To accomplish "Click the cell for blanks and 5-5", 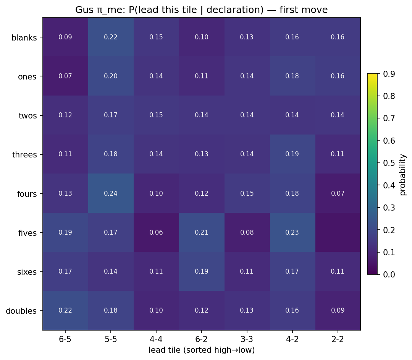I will [111, 37].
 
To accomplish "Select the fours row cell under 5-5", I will [111, 193].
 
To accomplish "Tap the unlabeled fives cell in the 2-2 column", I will [338, 232].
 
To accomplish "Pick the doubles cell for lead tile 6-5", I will [65, 310].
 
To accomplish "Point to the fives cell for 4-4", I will [156, 232].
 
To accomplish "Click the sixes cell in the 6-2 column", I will [202, 271].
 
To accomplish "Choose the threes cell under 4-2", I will [292, 154].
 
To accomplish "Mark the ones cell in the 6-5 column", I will [65, 76].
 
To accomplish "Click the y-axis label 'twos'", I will [28, 116].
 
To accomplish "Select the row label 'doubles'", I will [21, 311].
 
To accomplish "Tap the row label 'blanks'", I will [24, 37].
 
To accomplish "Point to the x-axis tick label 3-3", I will [247, 339].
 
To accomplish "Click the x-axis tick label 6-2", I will [202, 339].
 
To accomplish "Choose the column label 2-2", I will [338, 339].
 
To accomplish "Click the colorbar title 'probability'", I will [403, 174].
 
